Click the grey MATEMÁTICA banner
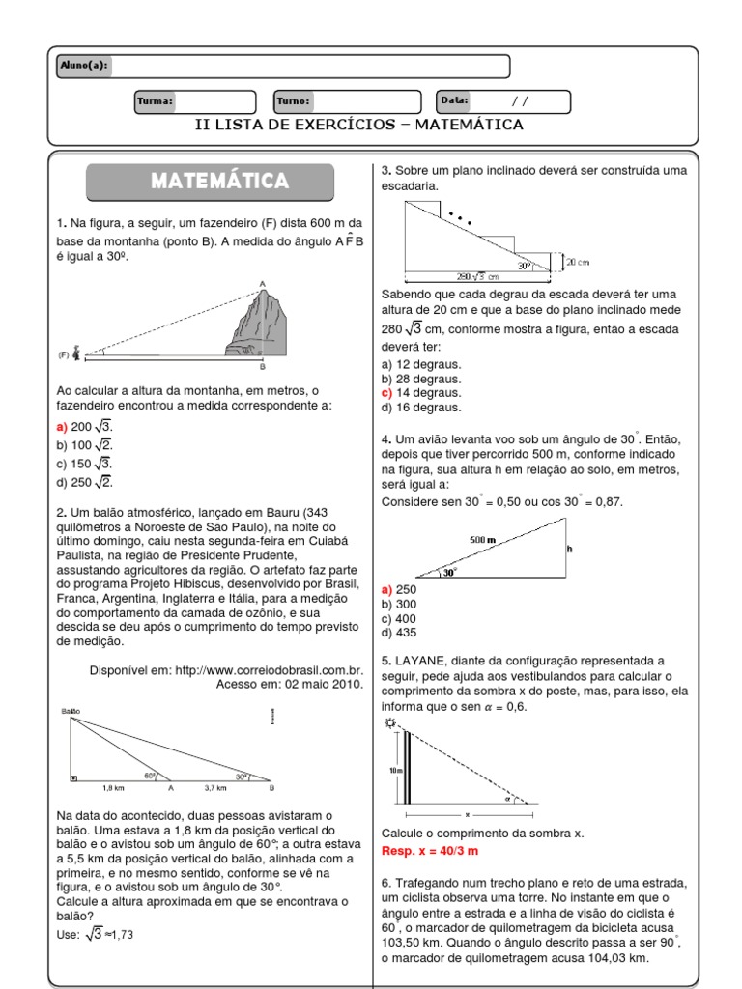click(x=211, y=182)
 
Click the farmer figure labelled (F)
click(x=75, y=353)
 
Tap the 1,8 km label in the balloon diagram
click(x=113, y=788)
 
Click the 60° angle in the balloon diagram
click(x=150, y=775)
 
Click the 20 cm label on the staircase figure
click(x=578, y=262)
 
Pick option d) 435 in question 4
click(x=398, y=633)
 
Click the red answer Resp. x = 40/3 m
click(x=430, y=851)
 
